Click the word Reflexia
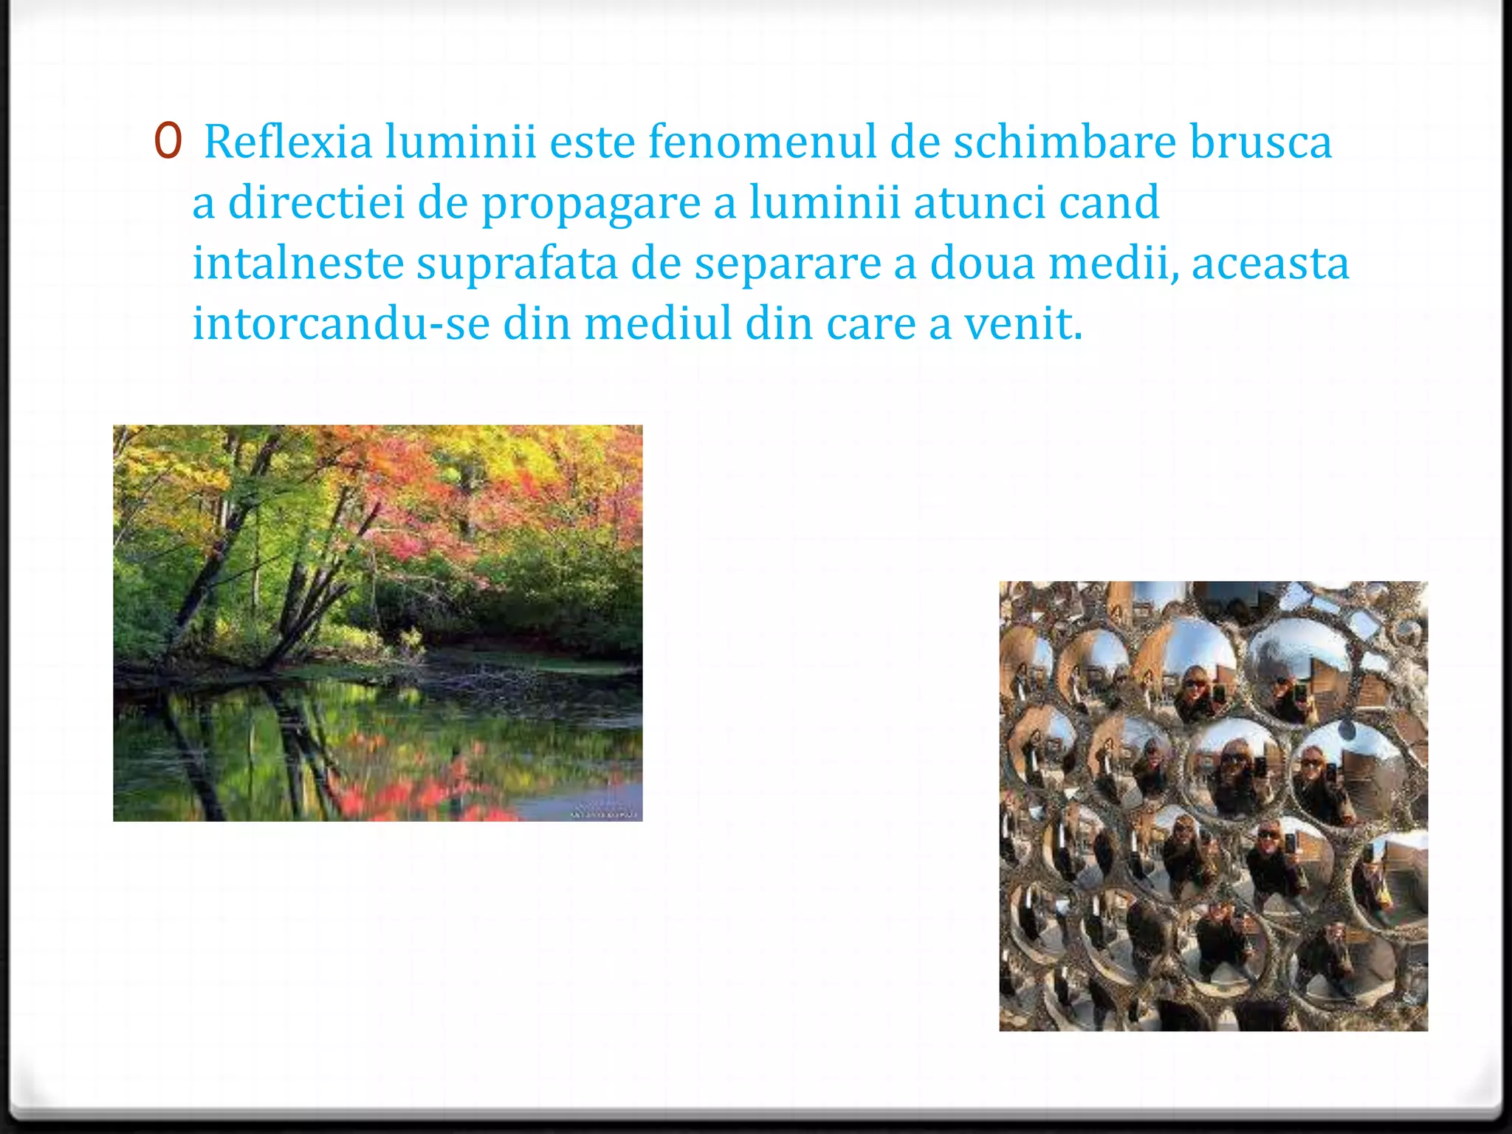[x=288, y=142]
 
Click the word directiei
[x=317, y=202]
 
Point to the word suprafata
[x=517, y=264]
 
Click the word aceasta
[x=1270, y=264]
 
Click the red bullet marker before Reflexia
[x=168, y=142]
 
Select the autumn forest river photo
[x=377, y=622]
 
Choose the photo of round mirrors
[x=1213, y=805]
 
